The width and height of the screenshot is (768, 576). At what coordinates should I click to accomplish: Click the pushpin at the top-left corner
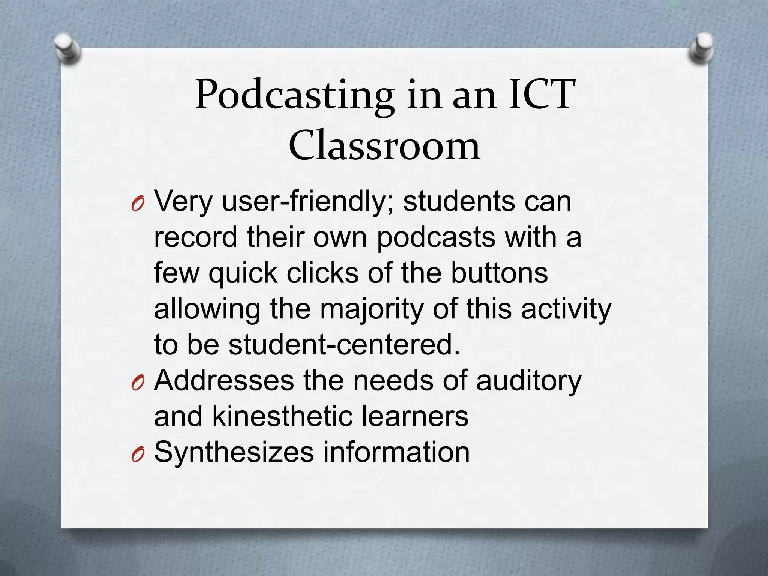(x=67, y=48)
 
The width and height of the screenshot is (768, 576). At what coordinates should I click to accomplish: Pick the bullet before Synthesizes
(x=138, y=455)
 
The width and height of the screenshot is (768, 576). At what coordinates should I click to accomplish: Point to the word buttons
(x=499, y=273)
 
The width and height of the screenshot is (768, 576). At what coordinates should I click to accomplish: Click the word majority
(x=372, y=310)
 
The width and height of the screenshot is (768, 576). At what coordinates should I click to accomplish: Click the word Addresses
(x=224, y=381)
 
